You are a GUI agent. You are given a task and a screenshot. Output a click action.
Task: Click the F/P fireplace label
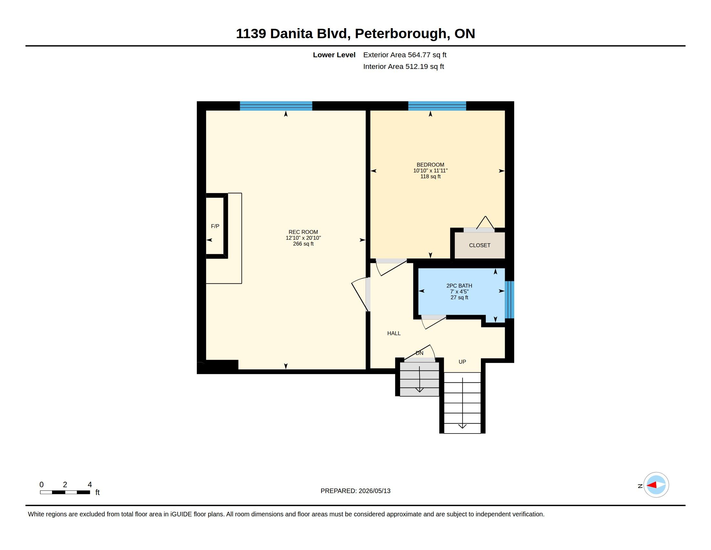pos(215,226)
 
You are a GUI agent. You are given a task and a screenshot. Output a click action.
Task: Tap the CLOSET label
pos(480,245)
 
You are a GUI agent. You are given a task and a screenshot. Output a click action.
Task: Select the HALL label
pos(394,333)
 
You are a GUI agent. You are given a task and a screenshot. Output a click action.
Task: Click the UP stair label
pos(462,362)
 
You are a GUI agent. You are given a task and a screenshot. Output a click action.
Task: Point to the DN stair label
pos(419,353)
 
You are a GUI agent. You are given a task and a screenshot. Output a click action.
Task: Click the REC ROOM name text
pos(303,232)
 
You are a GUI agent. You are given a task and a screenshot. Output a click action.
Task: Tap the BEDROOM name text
pos(430,165)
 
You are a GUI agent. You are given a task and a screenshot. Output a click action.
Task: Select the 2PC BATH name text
pos(459,286)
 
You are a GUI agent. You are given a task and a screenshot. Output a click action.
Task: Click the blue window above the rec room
pos(276,106)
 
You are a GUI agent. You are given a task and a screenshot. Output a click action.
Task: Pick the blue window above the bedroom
pos(437,106)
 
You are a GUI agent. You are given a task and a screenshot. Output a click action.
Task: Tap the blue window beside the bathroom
pos(509,300)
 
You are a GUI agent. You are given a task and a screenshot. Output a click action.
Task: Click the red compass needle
pos(652,485)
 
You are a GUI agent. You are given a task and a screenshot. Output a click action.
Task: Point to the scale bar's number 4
pos(90,485)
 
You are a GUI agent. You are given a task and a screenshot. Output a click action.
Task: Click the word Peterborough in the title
pos(400,34)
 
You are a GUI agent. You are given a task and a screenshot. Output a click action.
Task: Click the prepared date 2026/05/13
pos(374,491)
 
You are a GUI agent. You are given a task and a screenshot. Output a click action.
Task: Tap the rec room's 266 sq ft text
pos(303,244)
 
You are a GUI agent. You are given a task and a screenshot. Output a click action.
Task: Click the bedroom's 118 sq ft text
pos(430,177)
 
